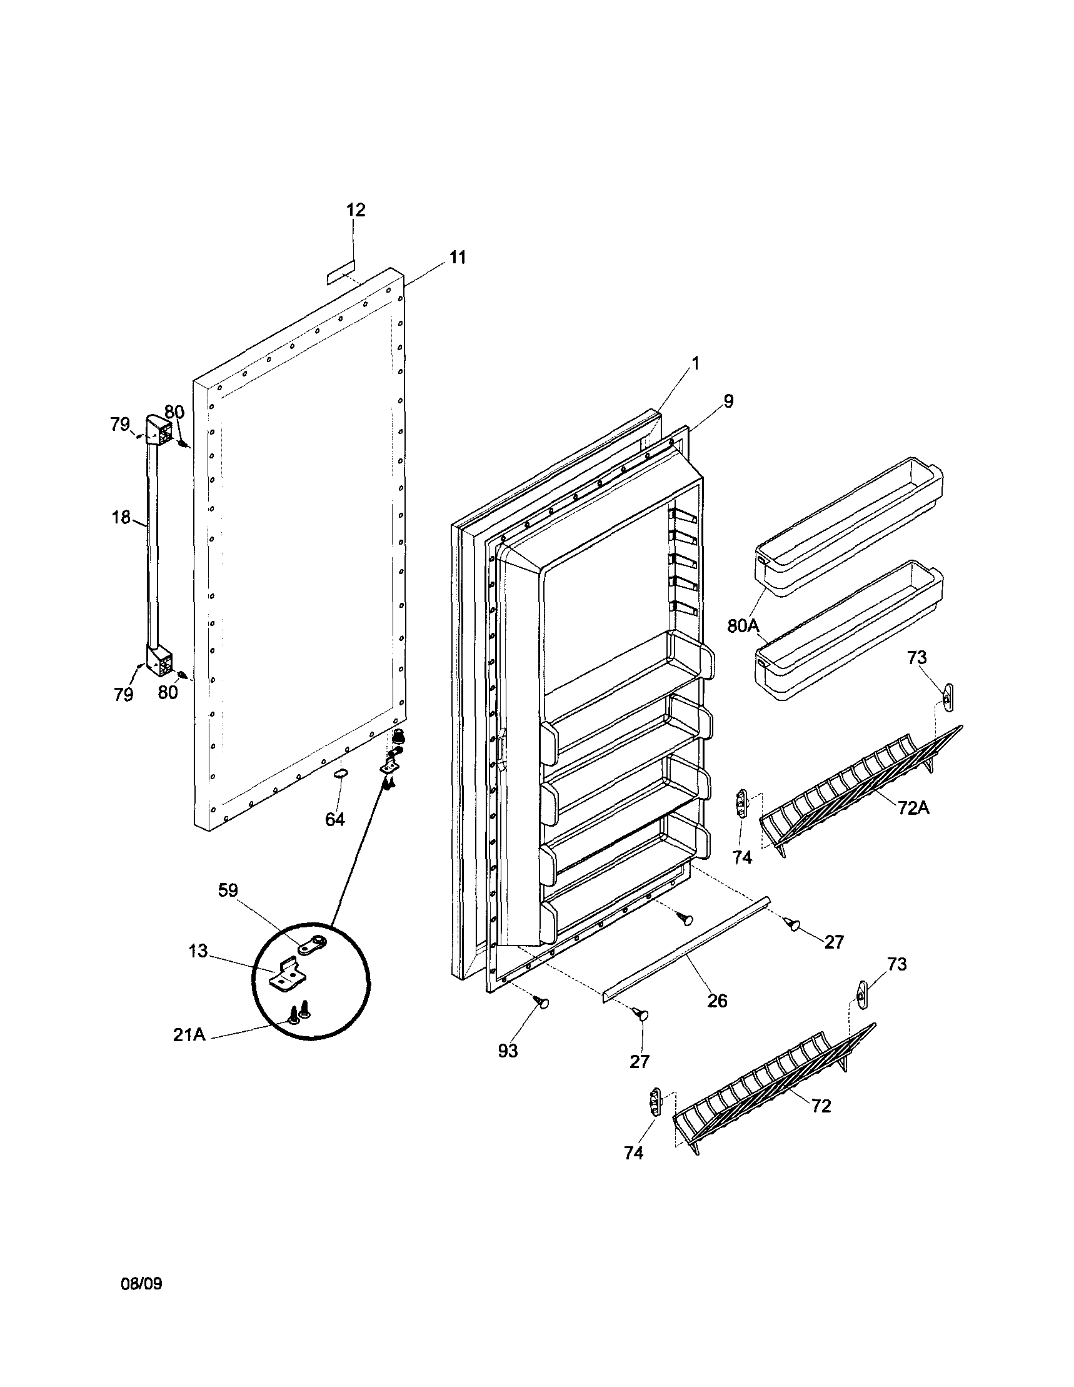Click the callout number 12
(x=356, y=210)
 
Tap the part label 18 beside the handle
(x=121, y=517)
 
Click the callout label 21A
(x=189, y=1034)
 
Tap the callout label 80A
(x=743, y=625)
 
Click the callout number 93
(x=508, y=1051)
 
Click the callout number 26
(x=717, y=1002)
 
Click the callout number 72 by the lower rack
(x=821, y=1106)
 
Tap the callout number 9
(x=728, y=401)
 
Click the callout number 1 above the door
(x=695, y=363)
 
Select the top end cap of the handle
(x=159, y=430)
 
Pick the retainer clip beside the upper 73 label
(x=948, y=699)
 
